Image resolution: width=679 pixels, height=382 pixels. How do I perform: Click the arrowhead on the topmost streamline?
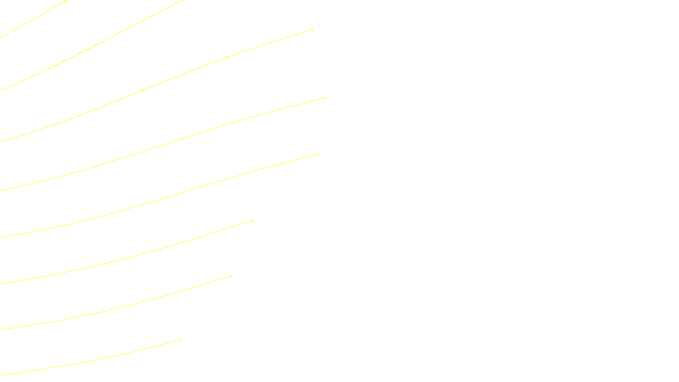(66, 1)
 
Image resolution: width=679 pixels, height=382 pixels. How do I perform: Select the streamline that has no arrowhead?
(106, 39)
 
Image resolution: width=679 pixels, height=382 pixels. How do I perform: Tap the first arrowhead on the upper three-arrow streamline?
(143, 90)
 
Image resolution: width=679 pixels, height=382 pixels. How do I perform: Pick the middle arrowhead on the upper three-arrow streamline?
(227, 57)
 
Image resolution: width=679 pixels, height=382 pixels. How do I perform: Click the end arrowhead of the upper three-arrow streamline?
(312, 30)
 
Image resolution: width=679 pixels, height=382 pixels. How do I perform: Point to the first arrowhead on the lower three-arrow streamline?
(96, 166)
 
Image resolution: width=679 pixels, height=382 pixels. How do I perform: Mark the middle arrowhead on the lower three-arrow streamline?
(182, 139)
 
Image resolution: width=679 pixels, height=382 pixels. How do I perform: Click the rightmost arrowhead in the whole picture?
(325, 98)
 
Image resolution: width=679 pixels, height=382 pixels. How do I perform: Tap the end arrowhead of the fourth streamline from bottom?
(318, 154)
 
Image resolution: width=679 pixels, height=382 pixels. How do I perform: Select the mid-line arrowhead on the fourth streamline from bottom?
(275, 165)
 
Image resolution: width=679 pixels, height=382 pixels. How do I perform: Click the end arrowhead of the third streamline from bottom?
(253, 221)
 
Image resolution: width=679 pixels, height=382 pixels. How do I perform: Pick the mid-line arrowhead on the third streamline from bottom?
(110, 262)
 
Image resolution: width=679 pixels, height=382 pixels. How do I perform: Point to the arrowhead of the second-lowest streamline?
(231, 276)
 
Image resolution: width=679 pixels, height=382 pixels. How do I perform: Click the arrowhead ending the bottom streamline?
(181, 339)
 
